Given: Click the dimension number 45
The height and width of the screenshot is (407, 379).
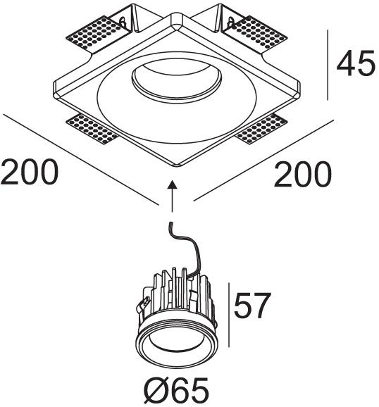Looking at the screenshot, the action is coord(356,63).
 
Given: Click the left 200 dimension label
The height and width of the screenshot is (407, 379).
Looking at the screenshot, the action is coord(30,172).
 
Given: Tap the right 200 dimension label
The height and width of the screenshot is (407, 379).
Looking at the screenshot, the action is coord(303,174).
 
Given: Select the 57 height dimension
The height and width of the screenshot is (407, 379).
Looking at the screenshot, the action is coord(252,306).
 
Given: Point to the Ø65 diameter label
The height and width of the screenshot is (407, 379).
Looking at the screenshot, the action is coord(176,390).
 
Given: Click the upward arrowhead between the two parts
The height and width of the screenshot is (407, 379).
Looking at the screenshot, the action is coord(172,184).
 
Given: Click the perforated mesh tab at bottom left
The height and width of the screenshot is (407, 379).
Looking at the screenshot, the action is coord(93,129).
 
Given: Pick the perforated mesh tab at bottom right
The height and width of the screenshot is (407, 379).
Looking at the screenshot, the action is coord(261,129).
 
